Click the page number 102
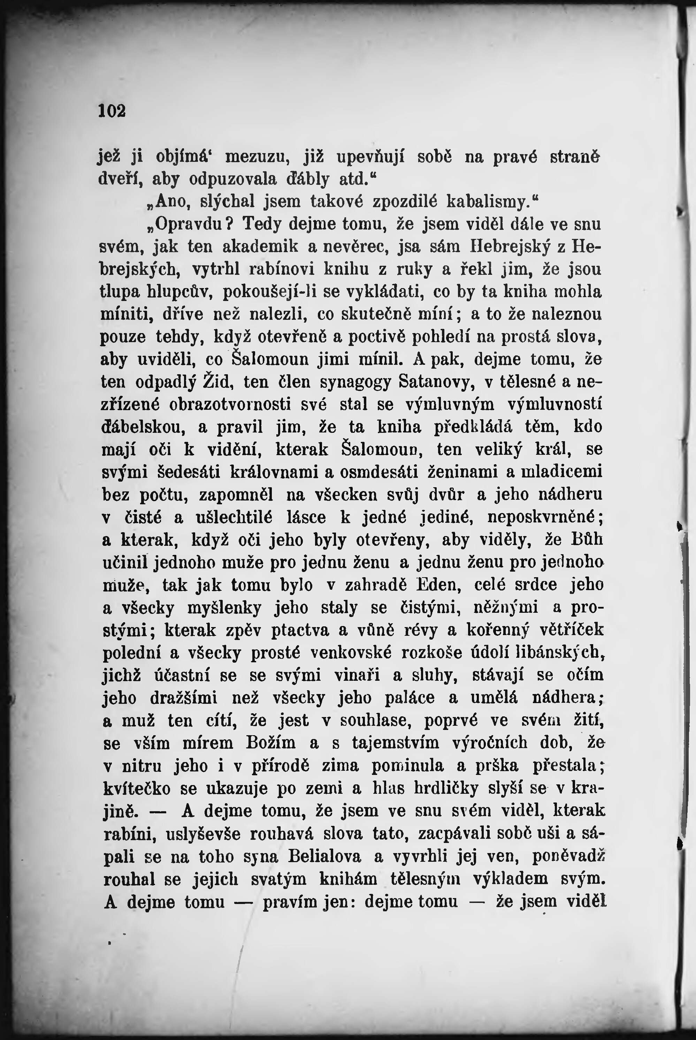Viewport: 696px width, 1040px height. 112,111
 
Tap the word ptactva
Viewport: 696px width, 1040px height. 301,630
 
